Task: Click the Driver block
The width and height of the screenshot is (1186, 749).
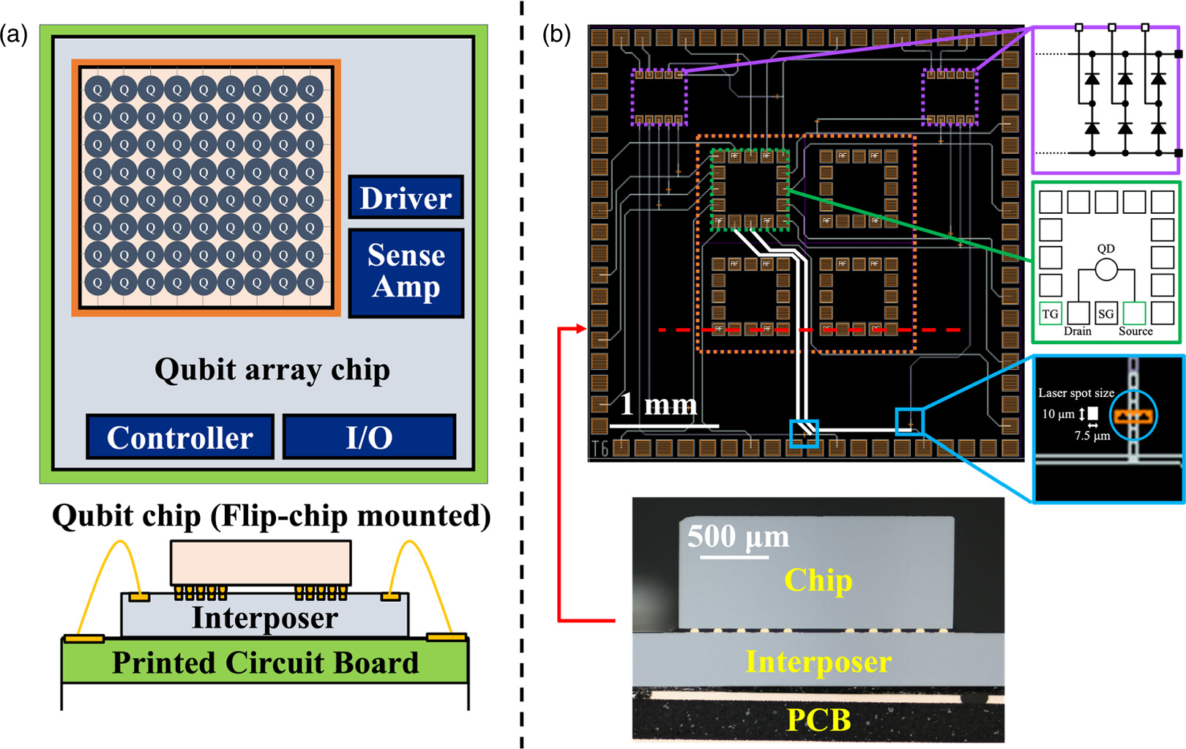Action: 406,198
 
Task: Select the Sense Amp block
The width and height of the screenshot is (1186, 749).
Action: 406,272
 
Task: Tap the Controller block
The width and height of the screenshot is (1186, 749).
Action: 180,437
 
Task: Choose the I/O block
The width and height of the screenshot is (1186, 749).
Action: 369,437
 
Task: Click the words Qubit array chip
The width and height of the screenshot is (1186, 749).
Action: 272,370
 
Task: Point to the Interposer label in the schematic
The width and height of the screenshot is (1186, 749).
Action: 264,618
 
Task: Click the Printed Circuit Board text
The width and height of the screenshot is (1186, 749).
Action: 265,663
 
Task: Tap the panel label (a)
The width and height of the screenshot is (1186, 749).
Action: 14,34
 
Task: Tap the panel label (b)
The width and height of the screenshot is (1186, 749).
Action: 556,34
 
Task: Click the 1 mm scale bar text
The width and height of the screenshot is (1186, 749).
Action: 658,404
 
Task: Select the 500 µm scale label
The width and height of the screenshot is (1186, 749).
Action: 737,537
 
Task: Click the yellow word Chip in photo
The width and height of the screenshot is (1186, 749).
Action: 818,581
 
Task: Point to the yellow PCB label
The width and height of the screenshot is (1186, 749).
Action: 818,720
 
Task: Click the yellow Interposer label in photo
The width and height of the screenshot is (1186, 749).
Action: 818,662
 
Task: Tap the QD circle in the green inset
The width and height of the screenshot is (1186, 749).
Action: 1105,270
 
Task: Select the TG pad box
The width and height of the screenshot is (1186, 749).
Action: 1050,313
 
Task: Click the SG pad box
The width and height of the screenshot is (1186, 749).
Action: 1105,313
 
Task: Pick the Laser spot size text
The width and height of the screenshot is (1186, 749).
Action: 1075,393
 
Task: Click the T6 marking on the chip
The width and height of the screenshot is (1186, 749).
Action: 600,449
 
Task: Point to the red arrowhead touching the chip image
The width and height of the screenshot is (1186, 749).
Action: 583,329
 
